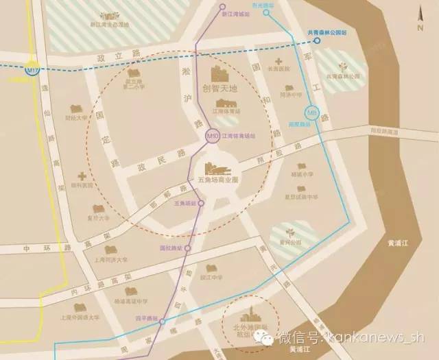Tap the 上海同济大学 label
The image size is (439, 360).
110,261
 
